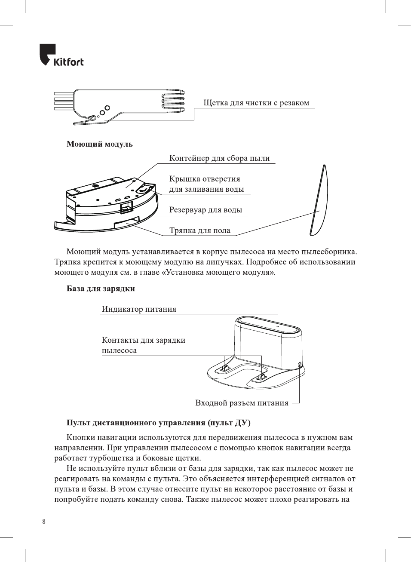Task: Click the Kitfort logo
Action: (61, 55)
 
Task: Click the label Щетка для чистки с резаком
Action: (256, 103)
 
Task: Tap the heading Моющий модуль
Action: (99, 144)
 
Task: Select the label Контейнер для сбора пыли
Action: (219, 158)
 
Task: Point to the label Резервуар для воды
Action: (205, 210)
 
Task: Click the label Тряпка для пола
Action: (199, 230)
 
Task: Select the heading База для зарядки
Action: (101, 289)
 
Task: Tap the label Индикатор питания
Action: (139, 309)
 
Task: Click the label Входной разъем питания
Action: (242, 403)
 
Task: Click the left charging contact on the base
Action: (224, 367)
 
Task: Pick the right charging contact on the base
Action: (261, 377)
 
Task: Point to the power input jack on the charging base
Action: (299, 365)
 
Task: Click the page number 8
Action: (44, 522)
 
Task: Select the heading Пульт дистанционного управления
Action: (158, 423)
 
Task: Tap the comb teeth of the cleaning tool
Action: (173, 101)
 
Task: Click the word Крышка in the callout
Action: (183, 179)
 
